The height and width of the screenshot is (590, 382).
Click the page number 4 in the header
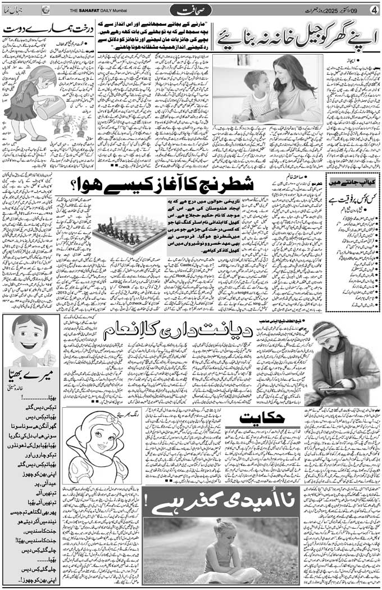(x=373, y=10)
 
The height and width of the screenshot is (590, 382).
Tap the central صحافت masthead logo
(x=191, y=10)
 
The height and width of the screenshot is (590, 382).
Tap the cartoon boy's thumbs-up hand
(x=49, y=358)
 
